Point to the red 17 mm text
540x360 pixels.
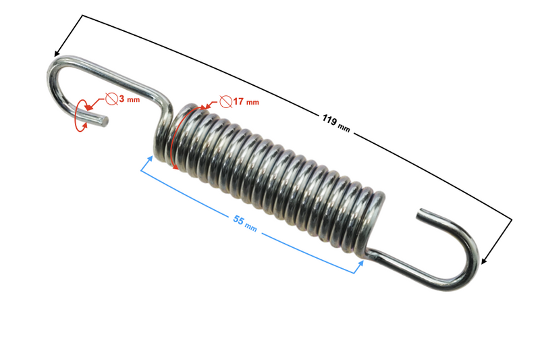246,102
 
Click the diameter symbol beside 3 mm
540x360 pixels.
111,99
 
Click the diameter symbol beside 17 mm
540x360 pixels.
226,102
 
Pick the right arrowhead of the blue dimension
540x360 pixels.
359,265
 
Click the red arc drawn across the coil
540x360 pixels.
174,138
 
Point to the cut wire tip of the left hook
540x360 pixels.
104,122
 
